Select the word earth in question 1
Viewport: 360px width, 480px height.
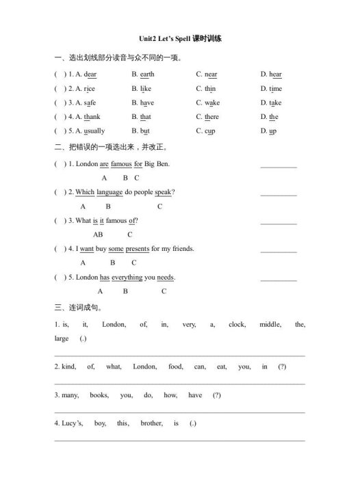click(x=146, y=74)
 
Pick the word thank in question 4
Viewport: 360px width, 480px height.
click(x=92, y=117)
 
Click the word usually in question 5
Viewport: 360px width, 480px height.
click(x=94, y=131)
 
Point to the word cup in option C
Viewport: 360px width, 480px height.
click(x=210, y=131)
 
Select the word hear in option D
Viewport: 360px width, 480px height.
click(x=275, y=74)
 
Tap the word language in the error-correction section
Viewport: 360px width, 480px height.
click(x=110, y=192)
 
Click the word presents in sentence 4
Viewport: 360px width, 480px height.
click(x=138, y=248)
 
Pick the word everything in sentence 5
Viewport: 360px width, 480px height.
click(x=127, y=277)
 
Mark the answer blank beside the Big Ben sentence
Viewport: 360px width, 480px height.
click(x=279, y=165)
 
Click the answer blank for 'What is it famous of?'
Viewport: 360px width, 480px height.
click(x=279, y=222)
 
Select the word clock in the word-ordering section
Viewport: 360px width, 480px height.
click(x=237, y=325)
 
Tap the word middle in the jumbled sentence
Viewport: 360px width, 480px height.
click(x=270, y=325)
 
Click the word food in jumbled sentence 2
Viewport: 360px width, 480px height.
click(x=176, y=367)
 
